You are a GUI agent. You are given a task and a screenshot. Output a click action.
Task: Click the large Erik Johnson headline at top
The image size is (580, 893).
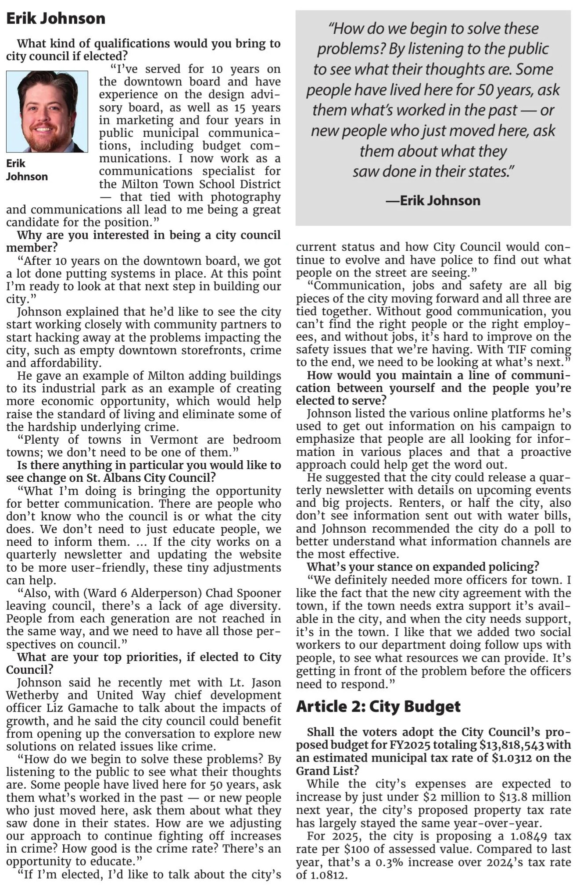tap(56, 18)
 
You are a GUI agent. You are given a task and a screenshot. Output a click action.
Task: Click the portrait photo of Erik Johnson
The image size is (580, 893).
tap(47, 111)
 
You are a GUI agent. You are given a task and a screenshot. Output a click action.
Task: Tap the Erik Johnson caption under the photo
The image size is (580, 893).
tap(26, 170)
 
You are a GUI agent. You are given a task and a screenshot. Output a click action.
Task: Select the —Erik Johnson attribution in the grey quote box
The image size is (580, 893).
tap(433, 201)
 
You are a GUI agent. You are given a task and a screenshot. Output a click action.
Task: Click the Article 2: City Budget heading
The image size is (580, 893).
tap(378, 706)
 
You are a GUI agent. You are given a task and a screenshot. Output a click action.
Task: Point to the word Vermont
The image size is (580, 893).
tap(175, 440)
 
